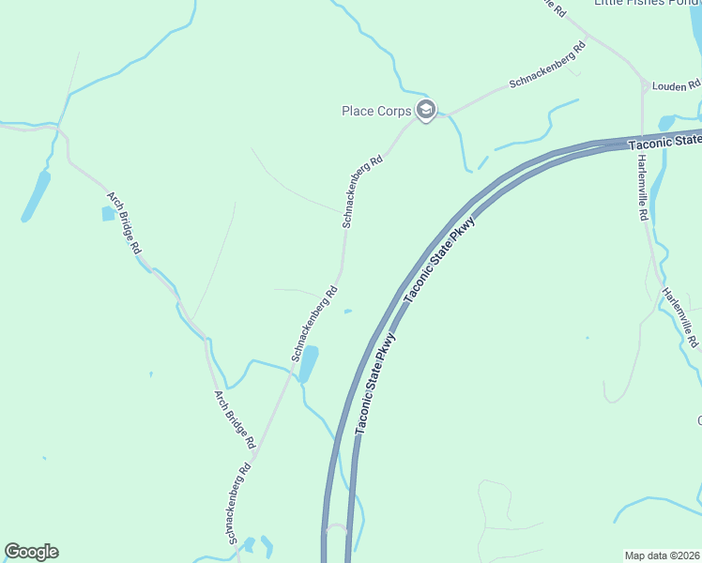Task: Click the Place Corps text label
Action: (376, 111)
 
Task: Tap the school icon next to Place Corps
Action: (426, 111)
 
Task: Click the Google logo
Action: (31, 552)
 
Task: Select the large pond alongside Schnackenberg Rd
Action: (308, 363)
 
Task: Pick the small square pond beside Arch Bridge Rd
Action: (108, 214)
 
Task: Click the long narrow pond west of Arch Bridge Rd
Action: (36, 196)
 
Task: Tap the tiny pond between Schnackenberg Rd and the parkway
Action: (348, 312)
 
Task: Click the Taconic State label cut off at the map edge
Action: (664, 142)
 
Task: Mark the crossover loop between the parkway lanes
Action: (336, 529)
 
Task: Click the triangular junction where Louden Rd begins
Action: (644, 86)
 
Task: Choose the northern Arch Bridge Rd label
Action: (123, 223)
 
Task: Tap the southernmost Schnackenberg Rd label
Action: (238, 502)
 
